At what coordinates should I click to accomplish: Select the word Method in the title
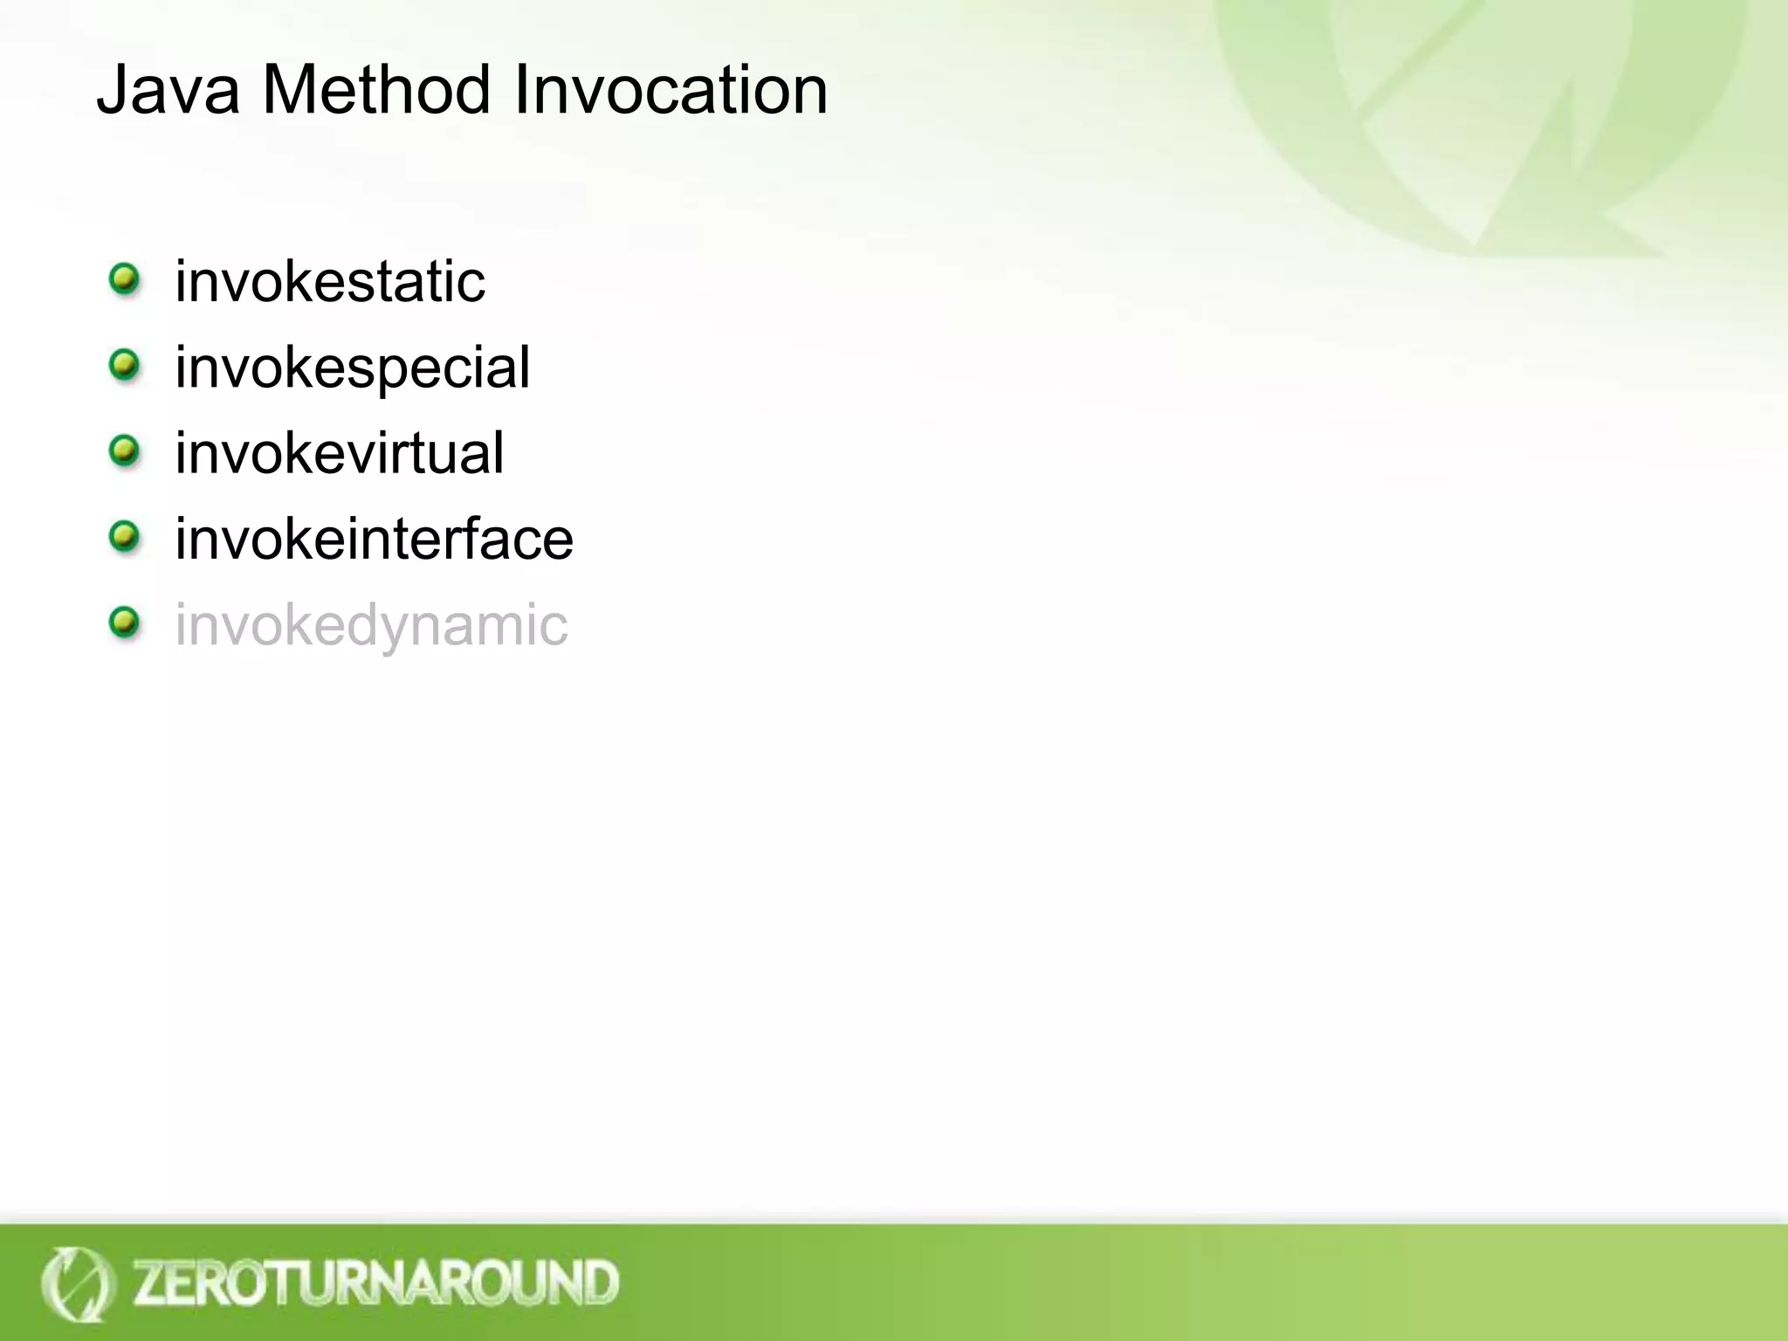(376, 90)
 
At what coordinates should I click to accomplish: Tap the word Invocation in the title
(670, 90)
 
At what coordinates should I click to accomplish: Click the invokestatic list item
(330, 282)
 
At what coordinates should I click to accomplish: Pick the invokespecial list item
(352, 368)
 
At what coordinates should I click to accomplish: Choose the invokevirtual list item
(340, 453)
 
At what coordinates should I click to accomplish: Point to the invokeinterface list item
(375, 539)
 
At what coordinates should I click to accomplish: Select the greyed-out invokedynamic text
(371, 624)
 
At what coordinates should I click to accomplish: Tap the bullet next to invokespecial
(125, 365)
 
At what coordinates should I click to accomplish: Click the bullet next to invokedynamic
(125, 622)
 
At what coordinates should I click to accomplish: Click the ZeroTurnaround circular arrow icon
(77, 1284)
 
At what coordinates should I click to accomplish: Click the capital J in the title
(112, 90)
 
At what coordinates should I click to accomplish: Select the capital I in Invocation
(521, 90)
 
